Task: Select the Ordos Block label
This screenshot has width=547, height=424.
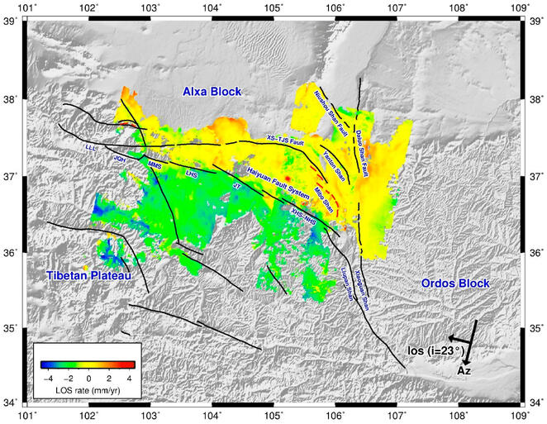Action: tap(454, 283)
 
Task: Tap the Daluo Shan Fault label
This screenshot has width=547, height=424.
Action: tap(368, 128)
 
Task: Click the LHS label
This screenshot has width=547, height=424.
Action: tap(192, 174)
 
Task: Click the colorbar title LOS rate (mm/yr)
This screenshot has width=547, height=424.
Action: tap(88, 388)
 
